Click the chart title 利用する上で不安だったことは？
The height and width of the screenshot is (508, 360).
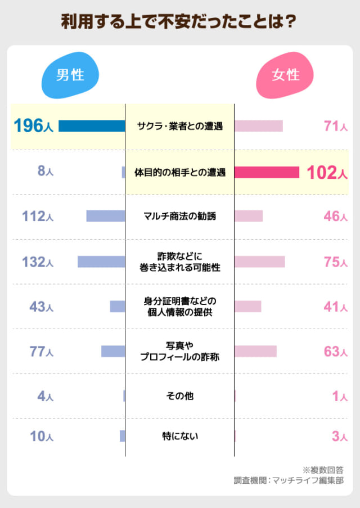[179, 22]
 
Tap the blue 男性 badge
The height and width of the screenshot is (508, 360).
[70, 75]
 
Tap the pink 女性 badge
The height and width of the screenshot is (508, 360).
[285, 75]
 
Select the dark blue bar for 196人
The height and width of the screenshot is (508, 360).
[92, 126]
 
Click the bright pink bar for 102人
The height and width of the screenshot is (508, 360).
[267, 172]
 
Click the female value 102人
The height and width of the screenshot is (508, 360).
[327, 172]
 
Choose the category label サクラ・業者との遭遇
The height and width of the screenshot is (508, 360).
[179, 126]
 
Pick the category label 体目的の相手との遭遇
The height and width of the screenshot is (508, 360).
[179, 172]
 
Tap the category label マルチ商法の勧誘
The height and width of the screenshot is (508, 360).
[179, 216]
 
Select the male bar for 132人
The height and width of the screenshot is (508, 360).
[101, 262]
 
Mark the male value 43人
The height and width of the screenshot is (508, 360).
[41, 307]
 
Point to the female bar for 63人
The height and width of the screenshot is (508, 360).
[255, 352]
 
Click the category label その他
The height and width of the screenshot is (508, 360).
[179, 396]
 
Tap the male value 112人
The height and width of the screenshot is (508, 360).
[38, 216]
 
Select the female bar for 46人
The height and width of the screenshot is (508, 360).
[249, 216]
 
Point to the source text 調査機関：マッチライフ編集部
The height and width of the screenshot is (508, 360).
[289, 480]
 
